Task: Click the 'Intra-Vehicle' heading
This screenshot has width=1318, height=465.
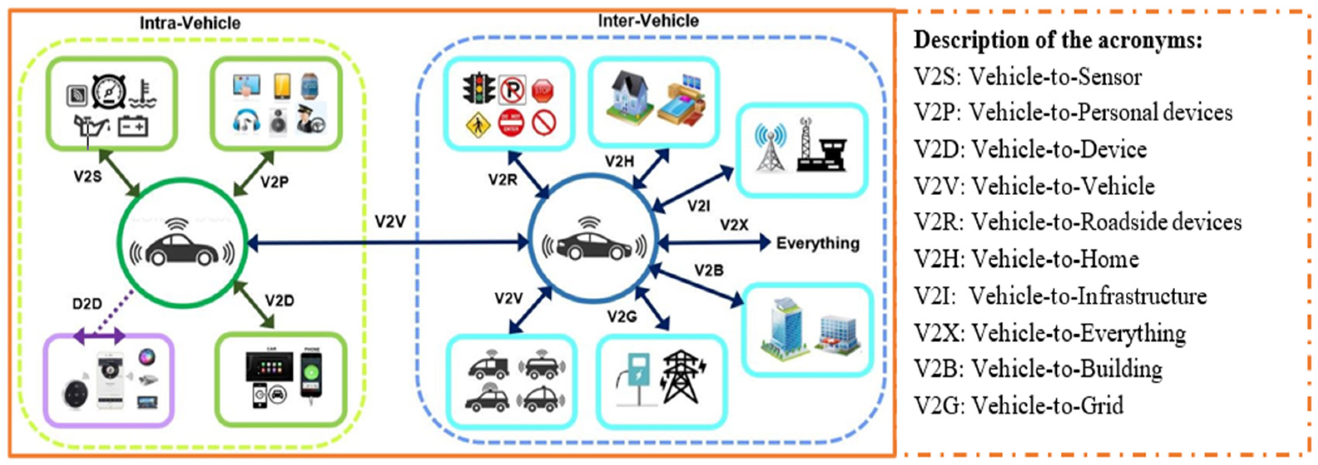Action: click(x=190, y=23)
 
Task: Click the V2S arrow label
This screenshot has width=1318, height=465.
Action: click(x=87, y=177)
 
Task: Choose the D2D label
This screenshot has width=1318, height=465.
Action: click(x=87, y=304)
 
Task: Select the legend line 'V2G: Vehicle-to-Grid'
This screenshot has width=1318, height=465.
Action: click(x=1019, y=405)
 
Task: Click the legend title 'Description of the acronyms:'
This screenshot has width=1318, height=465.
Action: click(x=1057, y=40)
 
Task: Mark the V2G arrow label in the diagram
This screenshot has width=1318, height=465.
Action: click(x=622, y=317)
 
